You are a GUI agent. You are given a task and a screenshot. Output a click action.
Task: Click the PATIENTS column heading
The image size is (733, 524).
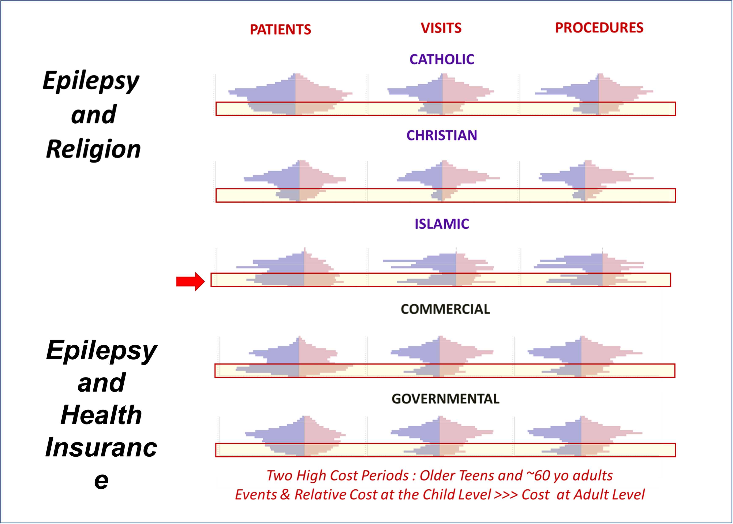pyautogui.click(x=280, y=30)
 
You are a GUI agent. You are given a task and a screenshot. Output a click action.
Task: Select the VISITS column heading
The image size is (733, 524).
pyautogui.click(x=441, y=28)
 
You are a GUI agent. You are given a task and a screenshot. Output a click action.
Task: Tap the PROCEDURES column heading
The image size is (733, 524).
pyautogui.click(x=599, y=28)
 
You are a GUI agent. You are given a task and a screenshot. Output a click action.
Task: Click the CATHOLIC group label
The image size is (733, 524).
pyautogui.click(x=442, y=59)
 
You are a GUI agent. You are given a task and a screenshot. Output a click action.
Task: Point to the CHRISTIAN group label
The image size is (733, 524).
pyautogui.click(x=442, y=135)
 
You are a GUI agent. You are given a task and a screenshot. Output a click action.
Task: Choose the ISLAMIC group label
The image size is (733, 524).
pyautogui.click(x=442, y=224)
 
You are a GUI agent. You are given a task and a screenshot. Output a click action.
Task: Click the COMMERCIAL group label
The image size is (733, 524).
pyautogui.click(x=445, y=309)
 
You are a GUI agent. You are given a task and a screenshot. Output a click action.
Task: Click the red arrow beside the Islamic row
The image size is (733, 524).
pyautogui.click(x=190, y=281)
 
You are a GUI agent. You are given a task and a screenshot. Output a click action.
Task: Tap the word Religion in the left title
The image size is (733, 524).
pyautogui.click(x=94, y=149)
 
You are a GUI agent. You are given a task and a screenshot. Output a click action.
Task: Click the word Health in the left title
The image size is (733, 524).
pyautogui.click(x=101, y=415)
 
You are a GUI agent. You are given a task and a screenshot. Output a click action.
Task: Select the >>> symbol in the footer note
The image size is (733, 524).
pyautogui.click(x=506, y=495)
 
